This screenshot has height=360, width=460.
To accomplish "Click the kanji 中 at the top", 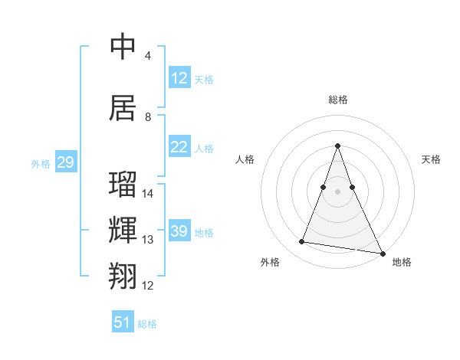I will point(123,47).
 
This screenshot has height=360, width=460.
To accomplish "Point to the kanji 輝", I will point(123,231).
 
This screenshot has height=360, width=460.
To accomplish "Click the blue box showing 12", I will point(179,77).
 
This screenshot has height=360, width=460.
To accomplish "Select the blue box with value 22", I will point(179,147).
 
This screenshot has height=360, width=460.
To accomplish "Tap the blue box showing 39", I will point(179,231).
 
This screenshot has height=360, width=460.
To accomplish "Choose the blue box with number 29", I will point(65,162).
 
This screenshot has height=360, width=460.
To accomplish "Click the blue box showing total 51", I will point(123,322).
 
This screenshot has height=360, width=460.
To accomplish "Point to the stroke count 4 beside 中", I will point(147,56).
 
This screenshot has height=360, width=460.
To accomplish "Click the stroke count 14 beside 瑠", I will point(148,194).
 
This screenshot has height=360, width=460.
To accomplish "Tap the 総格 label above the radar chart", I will point(338,100).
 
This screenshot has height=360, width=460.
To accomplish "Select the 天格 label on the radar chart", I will point(431,159).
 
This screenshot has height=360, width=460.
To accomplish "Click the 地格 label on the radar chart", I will point(402,262).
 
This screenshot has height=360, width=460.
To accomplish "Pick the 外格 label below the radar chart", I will point(270,262).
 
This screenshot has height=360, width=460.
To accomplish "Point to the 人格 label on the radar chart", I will point(245,159).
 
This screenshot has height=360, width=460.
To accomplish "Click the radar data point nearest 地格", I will point(382,253).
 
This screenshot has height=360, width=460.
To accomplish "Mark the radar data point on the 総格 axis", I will point(337,146).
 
